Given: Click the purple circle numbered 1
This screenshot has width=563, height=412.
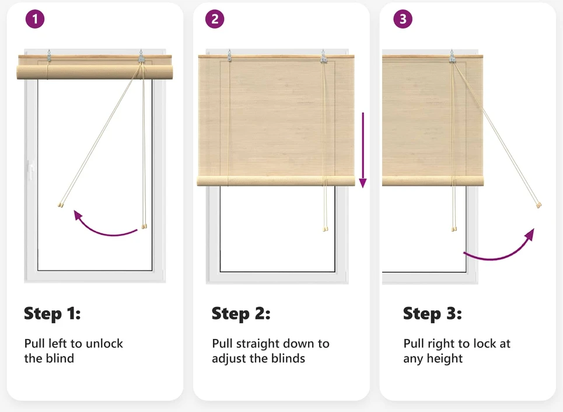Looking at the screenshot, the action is point(35,19).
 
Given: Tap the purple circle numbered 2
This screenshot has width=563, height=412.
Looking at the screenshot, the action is point(215,19).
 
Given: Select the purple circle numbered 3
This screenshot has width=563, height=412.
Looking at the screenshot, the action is point(403,19).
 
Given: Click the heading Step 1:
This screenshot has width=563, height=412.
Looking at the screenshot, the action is point(53,313).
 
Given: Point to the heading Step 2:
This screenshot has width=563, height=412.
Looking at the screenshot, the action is point(241,313).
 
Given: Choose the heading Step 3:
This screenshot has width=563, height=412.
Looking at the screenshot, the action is point(432,313).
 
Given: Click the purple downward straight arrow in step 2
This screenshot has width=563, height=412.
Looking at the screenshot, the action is point(363,150).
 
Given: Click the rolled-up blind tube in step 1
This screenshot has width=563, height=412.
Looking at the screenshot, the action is point(95,72).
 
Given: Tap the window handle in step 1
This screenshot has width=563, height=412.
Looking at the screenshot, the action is point(31,169).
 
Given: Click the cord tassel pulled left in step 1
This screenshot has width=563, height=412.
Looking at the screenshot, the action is point(61,205).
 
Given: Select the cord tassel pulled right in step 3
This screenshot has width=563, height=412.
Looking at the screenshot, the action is point(538,205).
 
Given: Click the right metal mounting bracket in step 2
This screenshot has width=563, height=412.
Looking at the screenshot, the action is point(324,57).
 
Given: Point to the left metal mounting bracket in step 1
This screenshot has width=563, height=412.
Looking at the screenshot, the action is point(49,56).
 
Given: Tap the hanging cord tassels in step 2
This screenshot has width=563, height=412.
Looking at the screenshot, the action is point(326,228).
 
